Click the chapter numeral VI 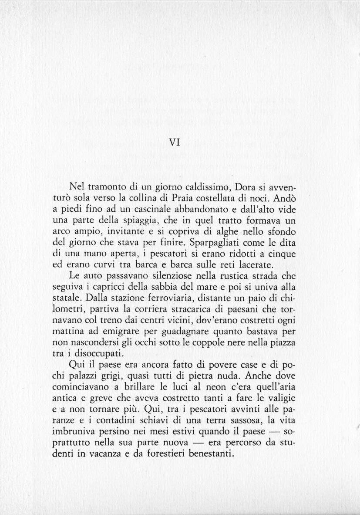(x=174, y=142)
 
